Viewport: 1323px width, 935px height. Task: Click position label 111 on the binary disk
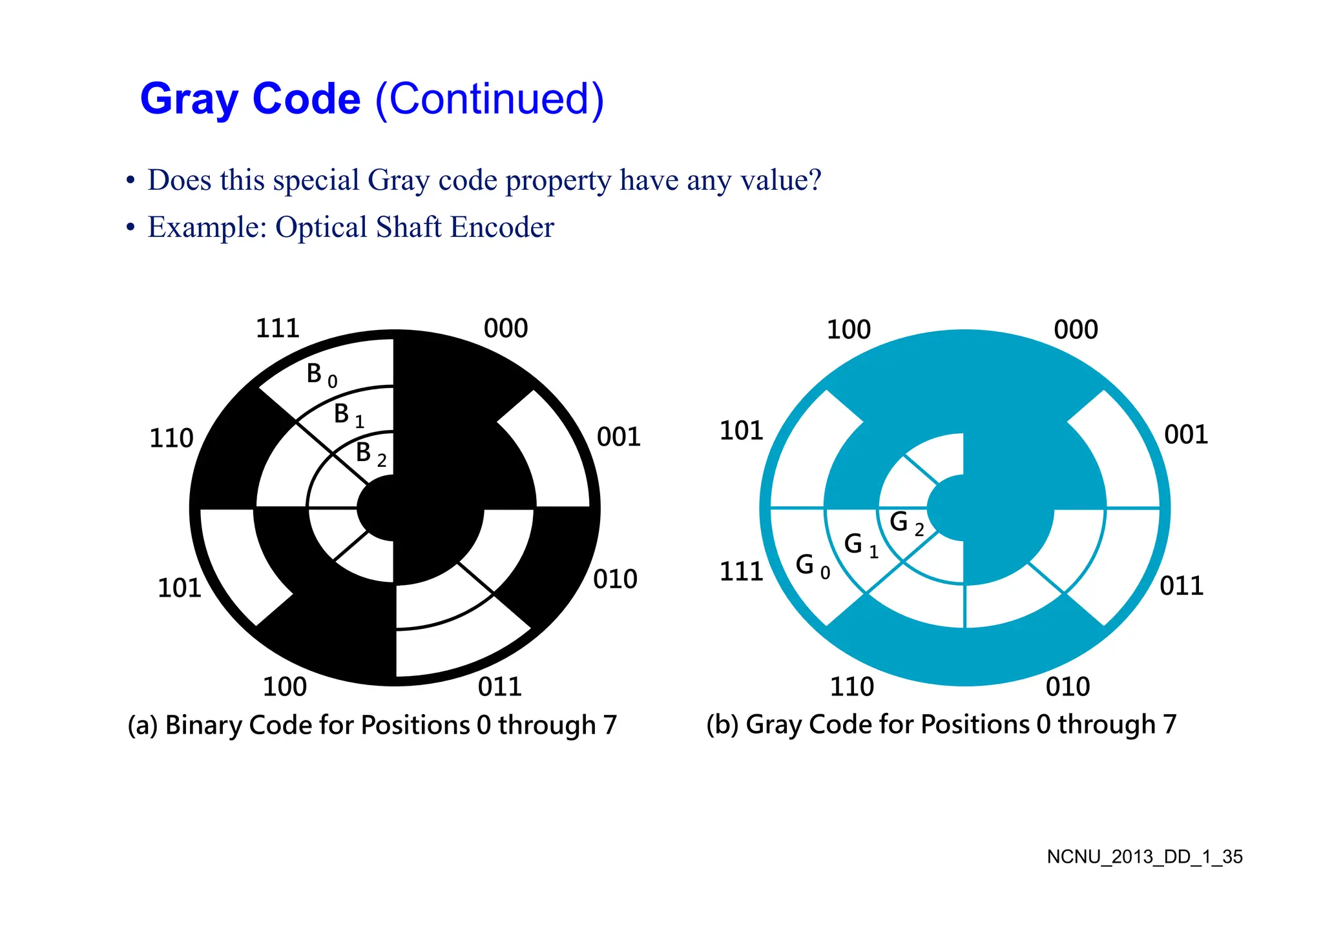tap(278, 329)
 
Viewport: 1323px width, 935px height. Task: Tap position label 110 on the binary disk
tap(171, 438)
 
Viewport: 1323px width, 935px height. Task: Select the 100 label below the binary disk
tap(284, 686)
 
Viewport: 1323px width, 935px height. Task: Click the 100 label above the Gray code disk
tap(849, 330)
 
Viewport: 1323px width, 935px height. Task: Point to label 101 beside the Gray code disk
tap(742, 431)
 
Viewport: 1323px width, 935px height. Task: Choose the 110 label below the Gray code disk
tap(851, 686)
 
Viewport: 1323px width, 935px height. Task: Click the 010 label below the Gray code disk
tap(1068, 686)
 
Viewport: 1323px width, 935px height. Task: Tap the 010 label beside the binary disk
tap(615, 579)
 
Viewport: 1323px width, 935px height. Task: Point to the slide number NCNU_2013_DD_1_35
tap(1144, 857)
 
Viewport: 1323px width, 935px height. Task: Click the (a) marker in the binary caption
tap(143, 726)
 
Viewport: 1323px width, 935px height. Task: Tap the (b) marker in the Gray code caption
tap(722, 724)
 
